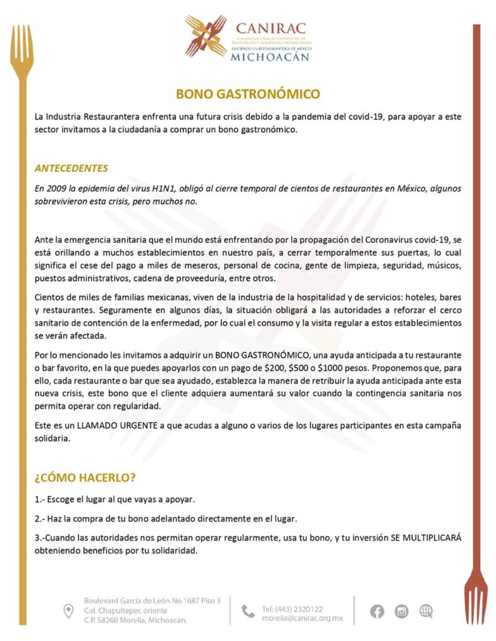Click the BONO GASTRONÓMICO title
point(247,95)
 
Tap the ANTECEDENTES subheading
point(71,168)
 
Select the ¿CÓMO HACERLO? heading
point(85,477)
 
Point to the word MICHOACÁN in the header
point(270,56)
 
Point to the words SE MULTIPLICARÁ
point(422,538)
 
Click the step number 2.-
point(40,519)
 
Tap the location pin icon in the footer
point(68,611)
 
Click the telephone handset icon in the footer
point(248,612)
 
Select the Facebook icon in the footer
point(377,611)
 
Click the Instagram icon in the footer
point(401,611)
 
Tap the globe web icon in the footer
point(426,611)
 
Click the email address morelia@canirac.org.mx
point(302,618)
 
